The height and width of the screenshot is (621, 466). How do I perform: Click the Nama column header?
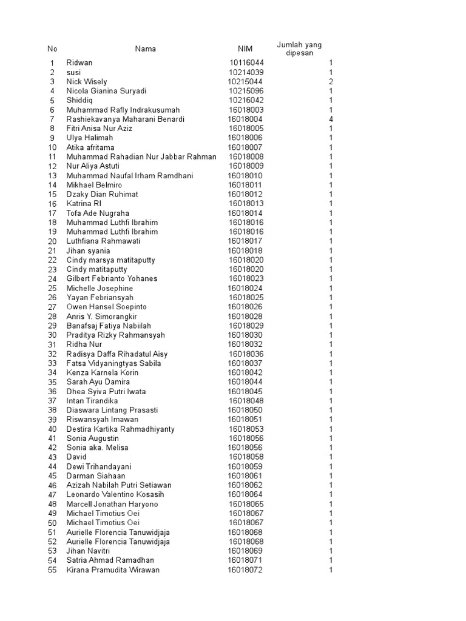(x=145, y=49)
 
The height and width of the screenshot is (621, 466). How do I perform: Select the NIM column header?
(x=245, y=49)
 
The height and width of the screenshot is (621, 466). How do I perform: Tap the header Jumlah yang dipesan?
(x=299, y=49)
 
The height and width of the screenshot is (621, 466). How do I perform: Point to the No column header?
(x=52, y=49)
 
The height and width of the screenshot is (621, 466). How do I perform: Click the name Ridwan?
(x=79, y=63)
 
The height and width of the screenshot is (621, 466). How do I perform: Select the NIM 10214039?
(x=246, y=72)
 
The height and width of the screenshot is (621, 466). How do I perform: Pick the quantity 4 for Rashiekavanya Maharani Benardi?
(x=331, y=119)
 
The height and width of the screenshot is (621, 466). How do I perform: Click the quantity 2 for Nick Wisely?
(x=331, y=82)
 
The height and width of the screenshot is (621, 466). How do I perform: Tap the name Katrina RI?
(x=84, y=204)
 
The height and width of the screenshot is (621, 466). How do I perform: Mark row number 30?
(x=52, y=335)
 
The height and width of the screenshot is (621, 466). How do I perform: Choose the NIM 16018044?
(x=245, y=382)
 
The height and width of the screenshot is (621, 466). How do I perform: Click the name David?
(x=76, y=457)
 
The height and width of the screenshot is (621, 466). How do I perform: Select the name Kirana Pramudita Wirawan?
(x=113, y=570)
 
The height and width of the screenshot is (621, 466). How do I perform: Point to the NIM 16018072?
(x=245, y=570)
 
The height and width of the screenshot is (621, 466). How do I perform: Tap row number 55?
(x=52, y=570)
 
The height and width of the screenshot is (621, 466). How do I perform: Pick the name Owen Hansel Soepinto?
(x=106, y=307)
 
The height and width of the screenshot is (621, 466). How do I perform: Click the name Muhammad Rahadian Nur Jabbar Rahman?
(x=141, y=157)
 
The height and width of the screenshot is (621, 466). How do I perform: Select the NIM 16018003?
(x=246, y=110)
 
